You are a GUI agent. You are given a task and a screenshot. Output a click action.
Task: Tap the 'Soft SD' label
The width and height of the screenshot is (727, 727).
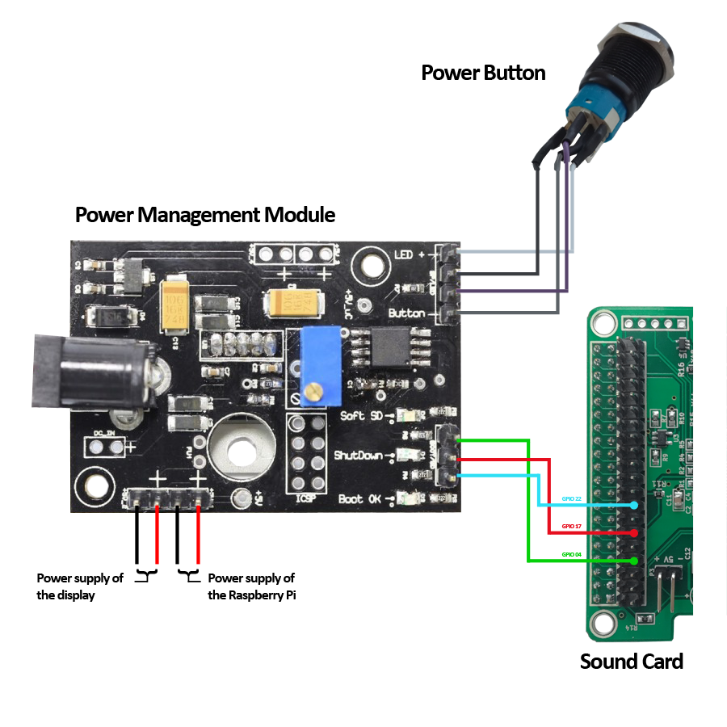(363, 415)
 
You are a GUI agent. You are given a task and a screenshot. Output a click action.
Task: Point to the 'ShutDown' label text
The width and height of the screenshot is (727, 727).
(358, 456)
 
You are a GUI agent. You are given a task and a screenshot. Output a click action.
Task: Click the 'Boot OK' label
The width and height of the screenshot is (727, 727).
(359, 499)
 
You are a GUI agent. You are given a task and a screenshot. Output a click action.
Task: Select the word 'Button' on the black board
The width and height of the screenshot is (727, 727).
(406, 313)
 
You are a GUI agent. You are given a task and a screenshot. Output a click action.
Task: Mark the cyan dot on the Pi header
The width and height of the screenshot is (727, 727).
(634, 506)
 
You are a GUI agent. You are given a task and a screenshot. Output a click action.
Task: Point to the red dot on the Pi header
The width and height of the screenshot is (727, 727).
(634, 533)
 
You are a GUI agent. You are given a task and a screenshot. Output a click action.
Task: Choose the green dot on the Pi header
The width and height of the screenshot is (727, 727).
(634, 561)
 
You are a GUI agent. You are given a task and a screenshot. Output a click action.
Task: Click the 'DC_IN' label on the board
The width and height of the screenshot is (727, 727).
(103, 434)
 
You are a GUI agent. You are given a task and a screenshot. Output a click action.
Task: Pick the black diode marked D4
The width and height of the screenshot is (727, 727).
(109, 317)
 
